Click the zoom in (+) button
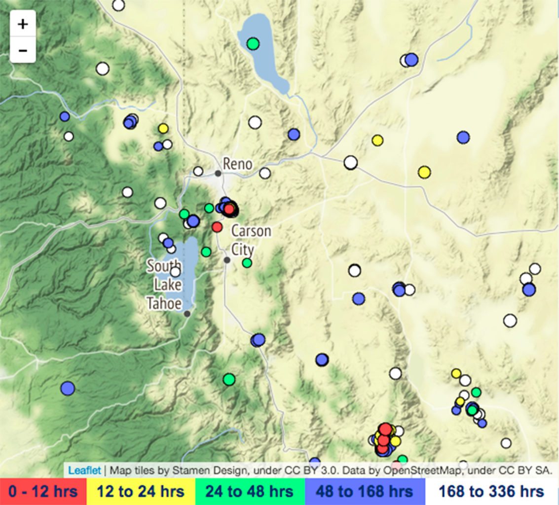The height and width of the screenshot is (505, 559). click(23, 24)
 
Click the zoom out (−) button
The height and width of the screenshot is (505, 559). click(23, 50)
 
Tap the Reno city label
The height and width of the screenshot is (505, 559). click(237, 164)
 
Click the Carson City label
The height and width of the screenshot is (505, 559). click(251, 240)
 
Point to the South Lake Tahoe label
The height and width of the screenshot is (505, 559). click(164, 285)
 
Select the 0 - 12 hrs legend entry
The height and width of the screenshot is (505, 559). click(42, 491)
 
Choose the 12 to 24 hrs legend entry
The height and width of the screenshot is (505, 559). click(140, 491)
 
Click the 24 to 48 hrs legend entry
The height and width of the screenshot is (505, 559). click(250, 491)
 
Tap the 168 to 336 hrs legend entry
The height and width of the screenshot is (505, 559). click(491, 491)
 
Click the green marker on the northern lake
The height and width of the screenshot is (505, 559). click(253, 43)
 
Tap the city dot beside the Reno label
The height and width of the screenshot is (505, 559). click(218, 173)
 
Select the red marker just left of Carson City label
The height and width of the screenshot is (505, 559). click(217, 227)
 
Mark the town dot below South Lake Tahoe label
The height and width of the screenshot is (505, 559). click(187, 314)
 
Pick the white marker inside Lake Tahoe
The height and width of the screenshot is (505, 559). click(176, 272)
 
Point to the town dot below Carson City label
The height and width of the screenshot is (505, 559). click(227, 260)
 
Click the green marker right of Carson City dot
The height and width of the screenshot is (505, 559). click(247, 263)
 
